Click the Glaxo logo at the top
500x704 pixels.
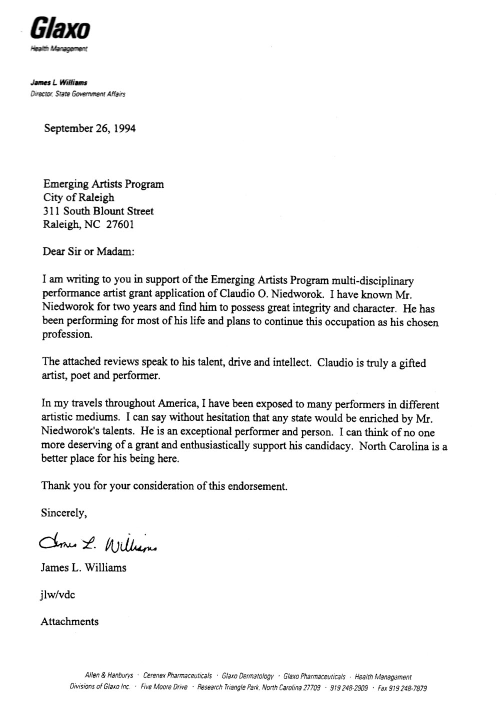(60, 29)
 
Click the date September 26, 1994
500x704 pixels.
(89, 128)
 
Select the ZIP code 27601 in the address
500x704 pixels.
(120, 224)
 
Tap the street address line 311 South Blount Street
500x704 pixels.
(98, 211)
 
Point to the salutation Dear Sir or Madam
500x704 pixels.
(88, 251)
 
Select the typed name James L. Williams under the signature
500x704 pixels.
(83, 567)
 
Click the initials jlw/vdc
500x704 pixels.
(58, 594)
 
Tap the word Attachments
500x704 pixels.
(69, 621)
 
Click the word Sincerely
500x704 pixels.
(64, 513)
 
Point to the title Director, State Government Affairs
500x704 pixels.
(77, 93)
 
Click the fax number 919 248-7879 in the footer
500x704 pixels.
(402, 688)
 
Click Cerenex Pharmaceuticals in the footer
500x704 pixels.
(177, 676)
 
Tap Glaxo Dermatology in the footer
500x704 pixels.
(248, 676)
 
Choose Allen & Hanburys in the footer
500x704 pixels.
(109, 675)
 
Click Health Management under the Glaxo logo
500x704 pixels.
(59, 49)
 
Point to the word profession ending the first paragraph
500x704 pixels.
(67, 335)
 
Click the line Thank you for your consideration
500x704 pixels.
(164, 486)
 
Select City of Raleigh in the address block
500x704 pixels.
(78, 197)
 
